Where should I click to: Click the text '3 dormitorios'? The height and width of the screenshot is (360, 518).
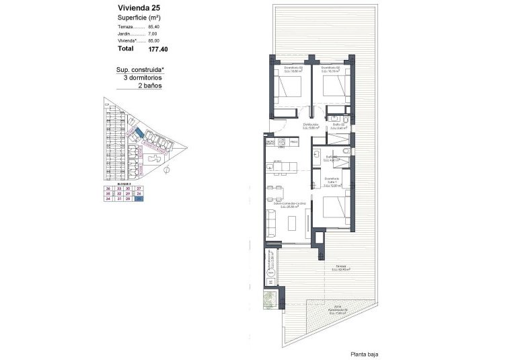[143, 77]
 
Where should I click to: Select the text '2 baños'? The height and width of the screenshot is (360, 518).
[150, 86]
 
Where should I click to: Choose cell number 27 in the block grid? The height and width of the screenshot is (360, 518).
[139, 188]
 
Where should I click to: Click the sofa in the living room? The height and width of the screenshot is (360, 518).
[272, 222]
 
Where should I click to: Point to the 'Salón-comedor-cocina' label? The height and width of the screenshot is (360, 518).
[289, 204]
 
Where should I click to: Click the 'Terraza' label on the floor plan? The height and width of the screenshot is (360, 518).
[342, 267]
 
